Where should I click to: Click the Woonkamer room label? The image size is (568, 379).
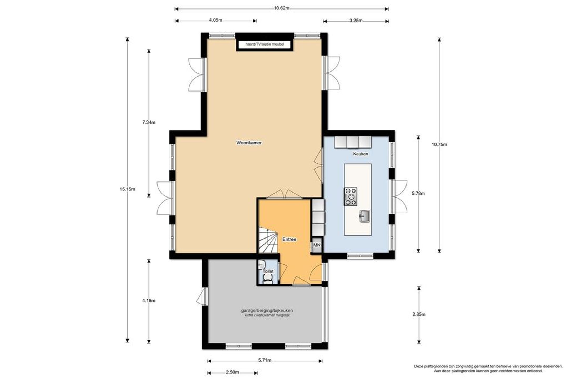pyautogui.click(x=249, y=143)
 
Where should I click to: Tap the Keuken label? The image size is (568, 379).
pyautogui.click(x=361, y=154)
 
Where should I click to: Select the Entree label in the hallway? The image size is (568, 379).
pyautogui.click(x=289, y=239)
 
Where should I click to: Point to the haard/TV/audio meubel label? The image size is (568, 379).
pyautogui.click(x=265, y=44)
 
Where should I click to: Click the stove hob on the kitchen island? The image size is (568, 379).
pyautogui.click(x=351, y=196)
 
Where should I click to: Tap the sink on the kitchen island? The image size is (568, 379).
pyautogui.click(x=365, y=216)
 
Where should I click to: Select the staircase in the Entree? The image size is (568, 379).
pyautogui.click(x=268, y=240)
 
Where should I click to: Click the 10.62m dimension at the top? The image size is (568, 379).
pyautogui.click(x=282, y=8)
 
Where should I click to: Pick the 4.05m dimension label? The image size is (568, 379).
pyautogui.click(x=216, y=20)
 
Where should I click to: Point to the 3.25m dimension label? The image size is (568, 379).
pyautogui.click(x=356, y=21)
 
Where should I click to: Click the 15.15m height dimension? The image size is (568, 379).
pyautogui.click(x=128, y=189)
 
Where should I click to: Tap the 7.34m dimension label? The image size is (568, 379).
pyautogui.click(x=149, y=122)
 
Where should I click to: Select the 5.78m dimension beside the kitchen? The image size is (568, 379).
pyautogui.click(x=418, y=193)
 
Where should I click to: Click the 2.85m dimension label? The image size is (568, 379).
pyautogui.click(x=419, y=314)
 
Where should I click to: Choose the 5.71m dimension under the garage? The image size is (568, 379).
pyautogui.click(x=265, y=360)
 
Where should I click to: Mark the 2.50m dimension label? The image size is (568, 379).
pyautogui.click(x=232, y=372)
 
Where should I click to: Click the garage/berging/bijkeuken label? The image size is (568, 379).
pyautogui.click(x=267, y=310)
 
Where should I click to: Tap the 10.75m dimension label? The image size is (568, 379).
pyautogui.click(x=439, y=144)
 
